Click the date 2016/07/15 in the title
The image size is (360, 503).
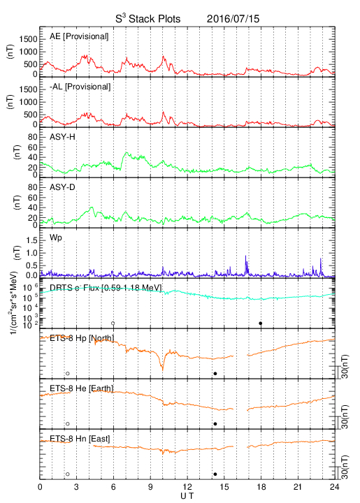coord(233,19)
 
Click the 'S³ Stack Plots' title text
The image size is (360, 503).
coord(148,18)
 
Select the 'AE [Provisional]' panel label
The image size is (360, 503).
coord(79,36)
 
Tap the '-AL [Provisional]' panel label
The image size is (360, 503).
coord(80,87)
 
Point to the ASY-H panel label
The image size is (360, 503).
coord(62,137)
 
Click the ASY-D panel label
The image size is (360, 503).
coord(62,187)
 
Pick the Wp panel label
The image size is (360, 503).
coord(56,238)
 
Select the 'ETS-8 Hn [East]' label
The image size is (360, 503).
coord(80,439)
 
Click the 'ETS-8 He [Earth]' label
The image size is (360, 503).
coord(82,388)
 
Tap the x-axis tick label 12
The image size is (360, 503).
coord(187,487)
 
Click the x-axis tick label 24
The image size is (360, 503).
coord(334,487)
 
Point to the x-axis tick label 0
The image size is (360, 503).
coord(40,487)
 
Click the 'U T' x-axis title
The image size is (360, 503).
coord(187,496)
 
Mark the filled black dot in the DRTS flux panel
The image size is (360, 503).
coord(261,323)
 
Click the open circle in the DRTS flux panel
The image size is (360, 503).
coord(113,323)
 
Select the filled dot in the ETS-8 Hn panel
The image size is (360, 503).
coord(215,474)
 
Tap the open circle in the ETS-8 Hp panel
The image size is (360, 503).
coord(67,373)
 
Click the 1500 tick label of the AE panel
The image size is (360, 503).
coord(28,39)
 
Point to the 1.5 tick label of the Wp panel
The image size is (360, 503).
coord(31,240)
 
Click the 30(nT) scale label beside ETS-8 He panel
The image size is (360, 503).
coord(345,416)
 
